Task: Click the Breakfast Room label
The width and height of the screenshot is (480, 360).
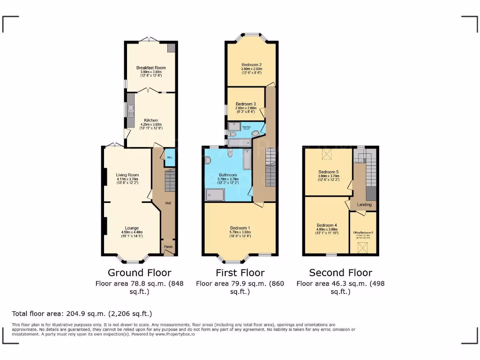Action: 151,68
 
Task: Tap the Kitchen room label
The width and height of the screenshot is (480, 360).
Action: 151,120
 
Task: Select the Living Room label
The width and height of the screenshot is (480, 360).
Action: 127,175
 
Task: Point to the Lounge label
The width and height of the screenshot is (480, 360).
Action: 132,228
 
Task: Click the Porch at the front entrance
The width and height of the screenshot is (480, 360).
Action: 168,247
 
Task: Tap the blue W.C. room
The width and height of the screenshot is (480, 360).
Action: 169,158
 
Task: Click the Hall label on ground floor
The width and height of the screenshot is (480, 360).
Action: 168,203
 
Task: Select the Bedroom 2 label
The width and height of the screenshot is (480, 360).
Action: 251,65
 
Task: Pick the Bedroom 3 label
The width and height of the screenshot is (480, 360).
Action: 245,104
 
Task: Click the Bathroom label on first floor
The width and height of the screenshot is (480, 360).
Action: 228,175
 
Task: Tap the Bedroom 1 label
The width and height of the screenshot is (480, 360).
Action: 240,228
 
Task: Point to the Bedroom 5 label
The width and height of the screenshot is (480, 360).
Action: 328,172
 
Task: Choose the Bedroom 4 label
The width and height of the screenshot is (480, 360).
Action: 326,225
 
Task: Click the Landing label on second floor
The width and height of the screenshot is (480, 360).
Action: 364,204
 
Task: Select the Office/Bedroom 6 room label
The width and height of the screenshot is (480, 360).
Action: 363,232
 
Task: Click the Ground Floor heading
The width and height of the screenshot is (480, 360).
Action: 139,273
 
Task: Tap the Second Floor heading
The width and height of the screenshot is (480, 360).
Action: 340,273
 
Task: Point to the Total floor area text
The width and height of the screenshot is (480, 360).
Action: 82,314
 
